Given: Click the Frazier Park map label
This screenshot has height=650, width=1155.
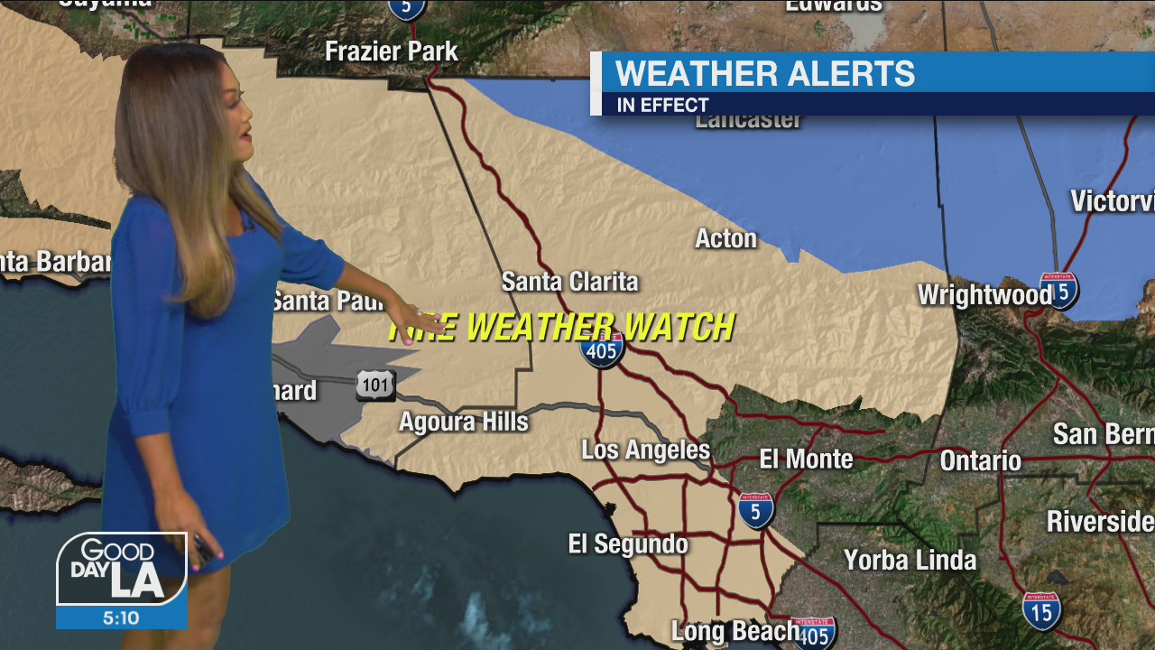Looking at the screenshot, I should point(392,51).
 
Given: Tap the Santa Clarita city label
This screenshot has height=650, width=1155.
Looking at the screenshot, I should point(569,282).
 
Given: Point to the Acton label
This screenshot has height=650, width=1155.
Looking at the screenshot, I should point(725,238).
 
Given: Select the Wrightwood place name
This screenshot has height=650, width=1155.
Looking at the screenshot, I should point(984,295).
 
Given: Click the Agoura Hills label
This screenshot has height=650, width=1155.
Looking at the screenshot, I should point(463,422).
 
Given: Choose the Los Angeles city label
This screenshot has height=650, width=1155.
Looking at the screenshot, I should point(645,450).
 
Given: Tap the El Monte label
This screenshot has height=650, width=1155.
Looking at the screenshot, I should point(806,459).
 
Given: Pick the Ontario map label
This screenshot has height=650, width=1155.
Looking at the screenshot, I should point(980,460).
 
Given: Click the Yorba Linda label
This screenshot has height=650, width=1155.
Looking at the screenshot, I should point(910,560).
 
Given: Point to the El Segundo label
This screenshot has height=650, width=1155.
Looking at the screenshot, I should point(627,543).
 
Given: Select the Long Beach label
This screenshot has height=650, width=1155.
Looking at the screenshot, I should point(734,631).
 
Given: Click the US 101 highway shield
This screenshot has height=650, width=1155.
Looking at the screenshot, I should point(374,385).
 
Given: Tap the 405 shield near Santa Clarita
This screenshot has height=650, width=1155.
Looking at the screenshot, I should point(602,350).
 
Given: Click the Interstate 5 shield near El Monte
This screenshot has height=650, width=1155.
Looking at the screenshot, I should point(755,510).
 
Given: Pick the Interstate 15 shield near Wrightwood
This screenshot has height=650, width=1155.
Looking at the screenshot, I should point(1058,291).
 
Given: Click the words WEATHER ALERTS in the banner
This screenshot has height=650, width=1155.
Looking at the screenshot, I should point(764,74).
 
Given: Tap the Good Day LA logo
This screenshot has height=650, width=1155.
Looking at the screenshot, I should point(121,569).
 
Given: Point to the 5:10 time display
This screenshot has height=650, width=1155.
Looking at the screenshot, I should point(121,618).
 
